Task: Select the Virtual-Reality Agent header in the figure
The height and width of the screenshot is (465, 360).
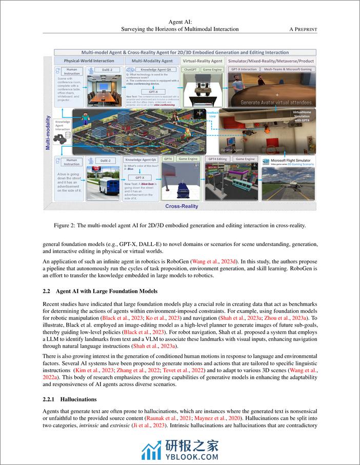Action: click(x=203, y=60)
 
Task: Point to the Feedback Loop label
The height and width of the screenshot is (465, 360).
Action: click(x=212, y=113)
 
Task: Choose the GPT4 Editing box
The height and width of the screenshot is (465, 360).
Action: click(x=217, y=159)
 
